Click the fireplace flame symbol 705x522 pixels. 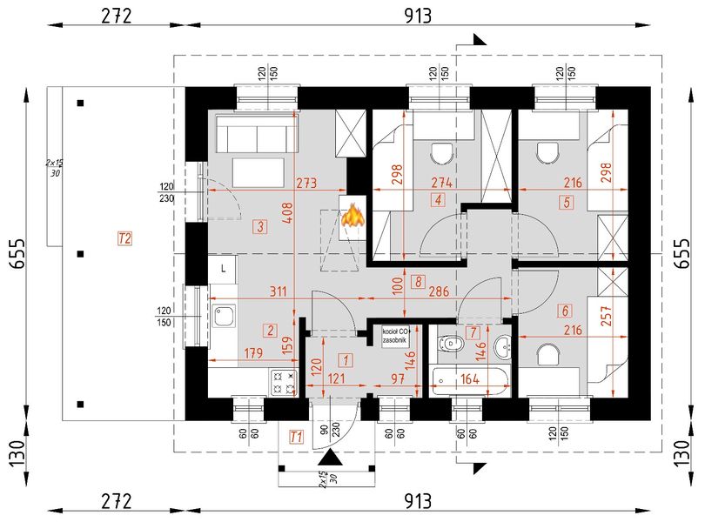(352, 216)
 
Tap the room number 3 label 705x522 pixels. (259, 228)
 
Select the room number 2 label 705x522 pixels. (271, 330)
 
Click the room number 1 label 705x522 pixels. (346, 358)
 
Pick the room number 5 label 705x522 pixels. (567, 203)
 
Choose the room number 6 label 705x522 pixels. (566, 311)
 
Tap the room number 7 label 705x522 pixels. (473, 331)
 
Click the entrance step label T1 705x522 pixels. (296, 437)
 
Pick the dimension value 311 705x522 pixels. (280, 291)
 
